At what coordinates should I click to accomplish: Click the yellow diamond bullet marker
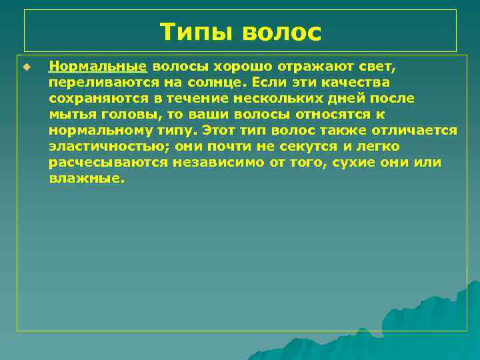[27, 67]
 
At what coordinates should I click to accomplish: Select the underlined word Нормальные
[97, 67]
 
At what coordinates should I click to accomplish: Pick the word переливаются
[99, 83]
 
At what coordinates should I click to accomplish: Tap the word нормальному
[100, 130]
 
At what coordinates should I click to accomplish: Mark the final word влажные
[87, 178]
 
